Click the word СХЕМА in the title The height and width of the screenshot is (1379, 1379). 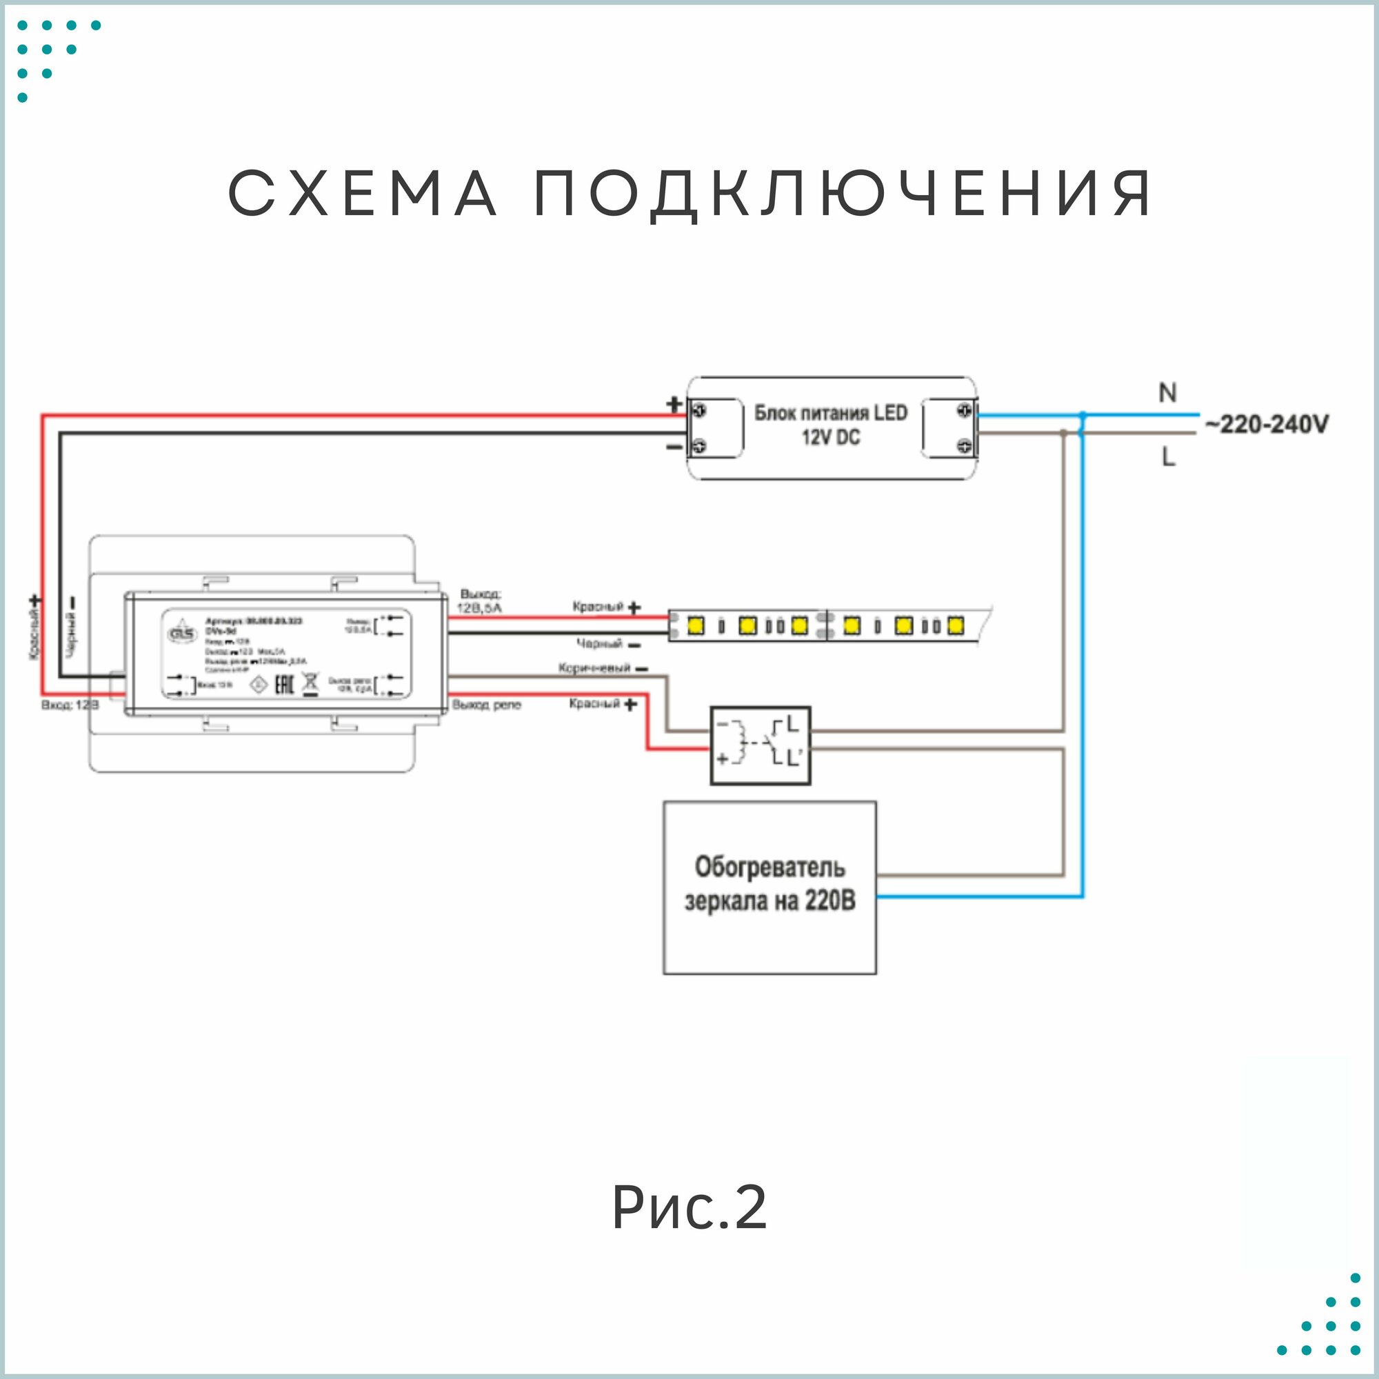point(363,194)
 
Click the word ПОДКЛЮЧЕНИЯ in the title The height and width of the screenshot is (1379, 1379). point(843,195)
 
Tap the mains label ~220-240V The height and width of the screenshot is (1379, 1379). point(1267,425)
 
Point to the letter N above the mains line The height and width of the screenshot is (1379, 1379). point(1167,392)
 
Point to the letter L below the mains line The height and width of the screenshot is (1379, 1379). point(1168,457)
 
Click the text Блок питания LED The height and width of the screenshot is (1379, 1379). point(831,412)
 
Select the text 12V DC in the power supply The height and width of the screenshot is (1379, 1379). point(831,438)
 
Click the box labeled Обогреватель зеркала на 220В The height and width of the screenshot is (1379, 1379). point(769,887)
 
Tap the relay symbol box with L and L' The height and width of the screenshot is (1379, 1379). point(760,746)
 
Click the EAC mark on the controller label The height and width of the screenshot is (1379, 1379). point(284,685)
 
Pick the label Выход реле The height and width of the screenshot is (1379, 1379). point(487,705)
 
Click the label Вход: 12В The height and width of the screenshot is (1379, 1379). point(70,705)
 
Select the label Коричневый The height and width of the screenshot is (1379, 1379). point(594,668)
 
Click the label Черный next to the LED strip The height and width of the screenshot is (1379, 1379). point(600,644)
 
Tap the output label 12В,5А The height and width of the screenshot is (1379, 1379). point(480,608)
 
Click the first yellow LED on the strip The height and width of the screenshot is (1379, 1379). point(695,626)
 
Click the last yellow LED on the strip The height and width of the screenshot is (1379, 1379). point(955,626)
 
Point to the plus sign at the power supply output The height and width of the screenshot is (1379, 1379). point(674,405)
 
